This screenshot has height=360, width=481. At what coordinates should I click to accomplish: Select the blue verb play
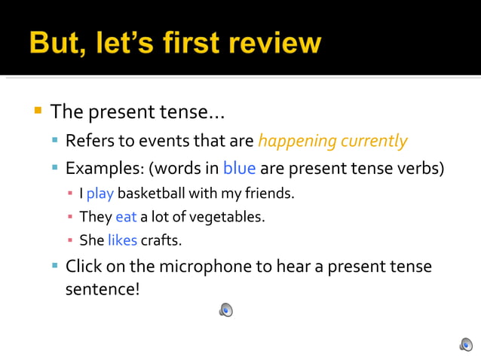click(x=100, y=194)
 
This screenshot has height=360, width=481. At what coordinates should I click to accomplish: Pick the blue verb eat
click(x=126, y=218)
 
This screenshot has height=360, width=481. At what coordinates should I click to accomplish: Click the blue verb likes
click(x=122, y=242)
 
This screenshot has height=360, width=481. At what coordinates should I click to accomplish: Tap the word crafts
click(x=161, y=242)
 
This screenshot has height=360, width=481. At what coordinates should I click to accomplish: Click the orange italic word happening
click(x=296, y=141)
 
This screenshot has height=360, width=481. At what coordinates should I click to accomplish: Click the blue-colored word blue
click(x=239, y=167)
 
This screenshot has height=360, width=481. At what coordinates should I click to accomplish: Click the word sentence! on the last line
click(x=103, y=289)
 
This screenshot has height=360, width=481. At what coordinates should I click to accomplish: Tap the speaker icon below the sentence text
click(x=226, y=310)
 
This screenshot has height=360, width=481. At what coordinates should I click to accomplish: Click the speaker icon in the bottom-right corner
click(x=466, y=344)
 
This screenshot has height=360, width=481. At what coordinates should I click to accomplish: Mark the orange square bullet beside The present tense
click(x=37, y=111)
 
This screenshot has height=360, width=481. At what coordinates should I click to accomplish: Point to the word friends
click(x=269, y=194)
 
